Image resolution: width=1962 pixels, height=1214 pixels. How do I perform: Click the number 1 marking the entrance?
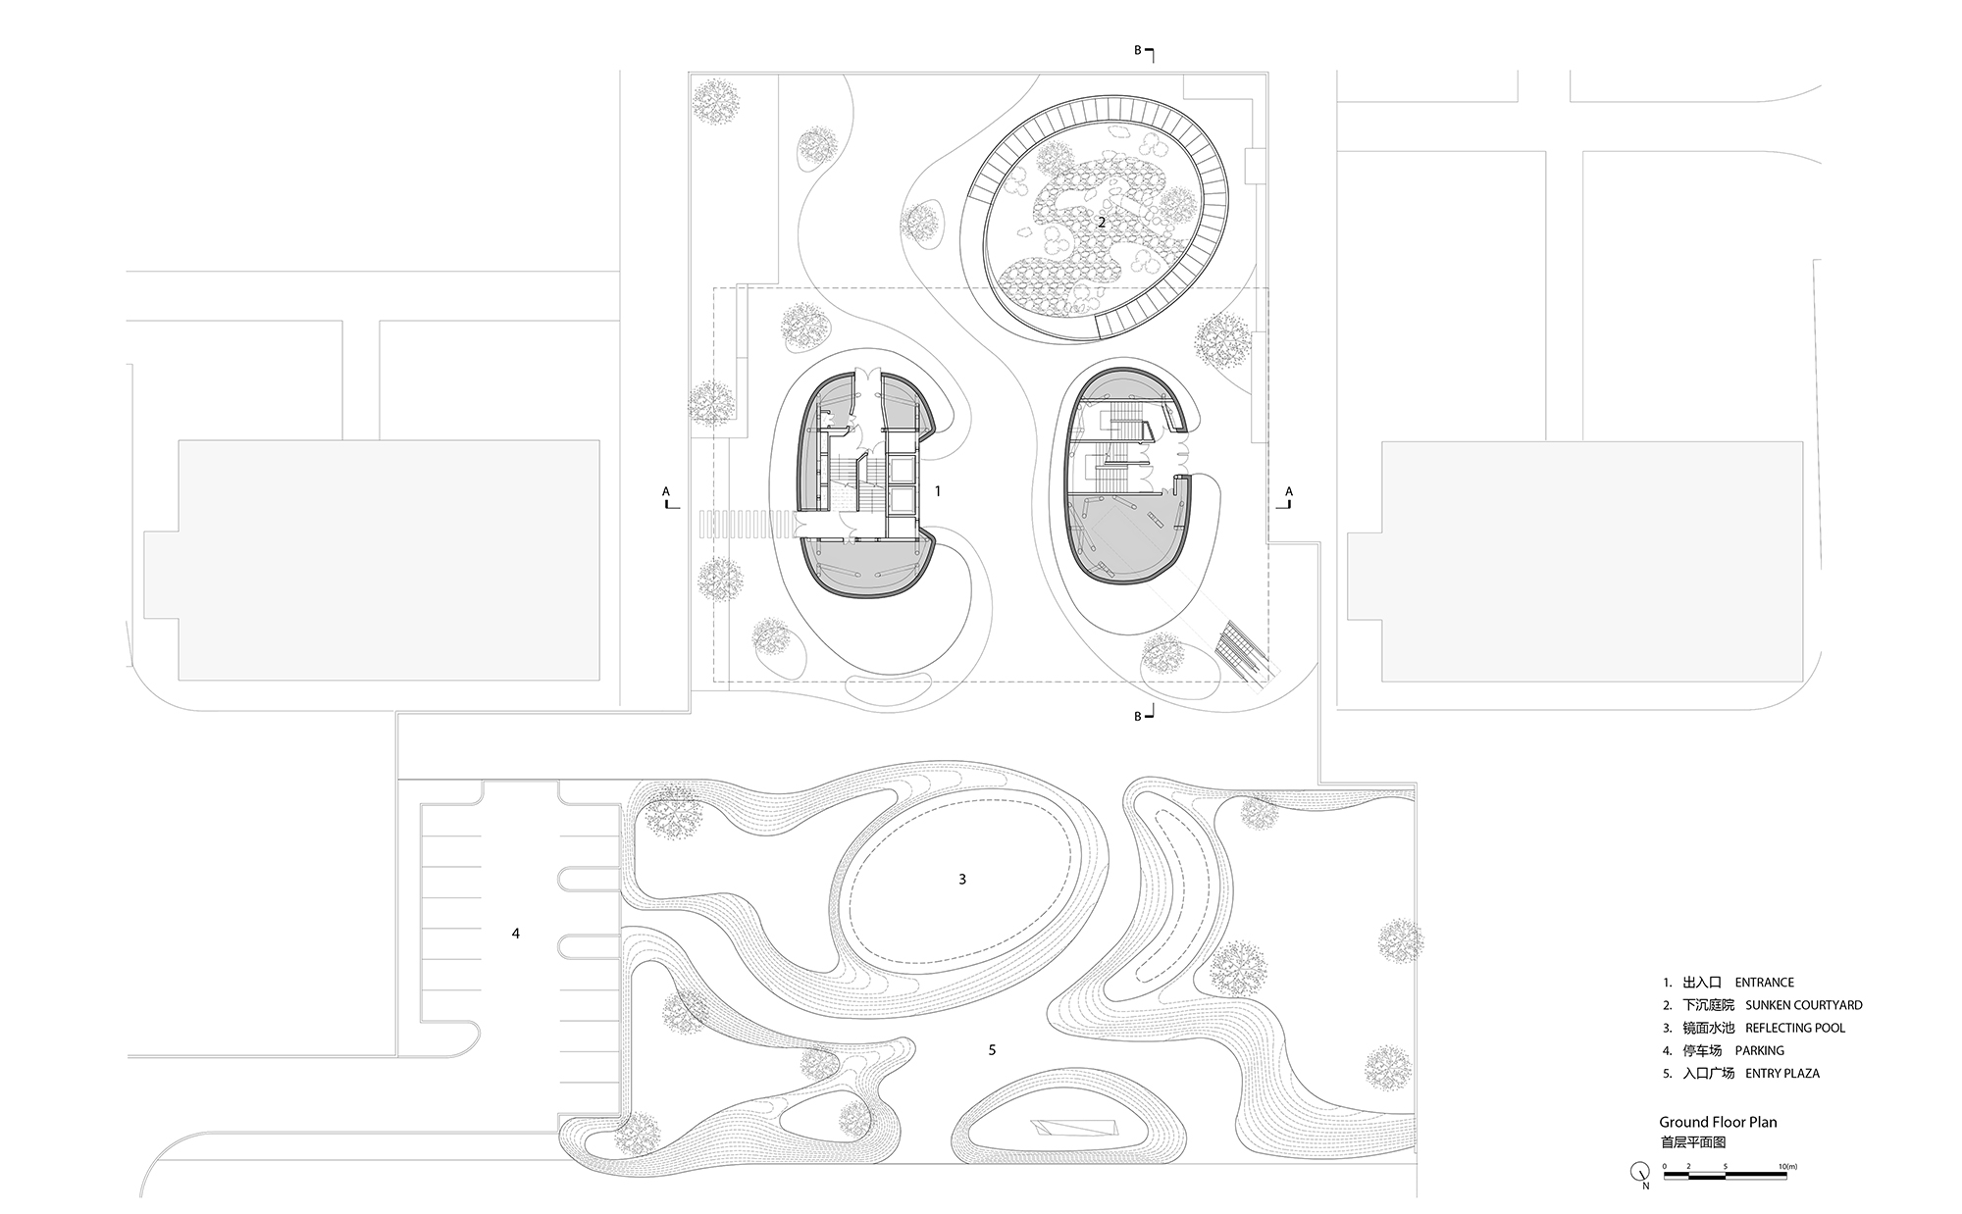(938, 490)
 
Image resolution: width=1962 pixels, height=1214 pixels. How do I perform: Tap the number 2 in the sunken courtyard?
(1102, 223)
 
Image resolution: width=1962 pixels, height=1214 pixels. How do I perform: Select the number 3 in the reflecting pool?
(962, 880)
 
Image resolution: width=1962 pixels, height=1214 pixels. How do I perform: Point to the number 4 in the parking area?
(516, 934)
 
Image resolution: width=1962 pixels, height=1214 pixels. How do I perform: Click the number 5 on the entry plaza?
(992, 1050)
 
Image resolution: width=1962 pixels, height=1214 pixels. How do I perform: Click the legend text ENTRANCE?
(1764, 982)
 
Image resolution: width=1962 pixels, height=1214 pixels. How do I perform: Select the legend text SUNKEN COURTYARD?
(1803, 1005)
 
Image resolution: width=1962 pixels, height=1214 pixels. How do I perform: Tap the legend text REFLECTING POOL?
(1795, 1028)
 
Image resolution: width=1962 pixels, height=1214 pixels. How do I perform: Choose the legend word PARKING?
(1759, 1050)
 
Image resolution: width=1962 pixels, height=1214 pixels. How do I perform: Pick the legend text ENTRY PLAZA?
(1782, 1073)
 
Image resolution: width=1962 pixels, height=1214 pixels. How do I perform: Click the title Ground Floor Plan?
(1718, 1122)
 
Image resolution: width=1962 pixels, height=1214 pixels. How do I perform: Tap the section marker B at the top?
(1138, 50)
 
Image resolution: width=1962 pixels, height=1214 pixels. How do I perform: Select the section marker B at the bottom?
(1138, 717)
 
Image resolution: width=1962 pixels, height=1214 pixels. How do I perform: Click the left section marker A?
(666, 491)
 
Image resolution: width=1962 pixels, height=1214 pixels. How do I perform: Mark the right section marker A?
(1289, 491)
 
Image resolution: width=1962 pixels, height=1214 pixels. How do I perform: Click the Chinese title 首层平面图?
(1692, 1141)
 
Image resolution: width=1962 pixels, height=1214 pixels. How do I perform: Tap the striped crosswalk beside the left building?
(745, 526)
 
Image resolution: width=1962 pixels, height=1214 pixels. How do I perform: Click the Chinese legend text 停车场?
(1708, 1050)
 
